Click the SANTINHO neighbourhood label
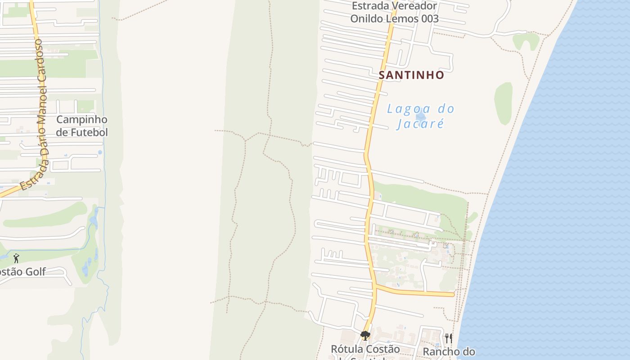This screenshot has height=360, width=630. tap(411, 75)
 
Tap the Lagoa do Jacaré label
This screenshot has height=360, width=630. tap(420, 116)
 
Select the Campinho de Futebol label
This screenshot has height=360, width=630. tap(82, 126)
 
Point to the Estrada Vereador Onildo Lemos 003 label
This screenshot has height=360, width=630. tap(394, 12)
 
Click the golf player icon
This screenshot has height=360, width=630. tap(16, 258)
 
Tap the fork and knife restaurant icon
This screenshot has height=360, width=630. tap(448, 338)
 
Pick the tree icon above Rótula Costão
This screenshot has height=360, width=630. tap(365, 336)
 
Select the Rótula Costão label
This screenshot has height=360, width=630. tap(365, 349)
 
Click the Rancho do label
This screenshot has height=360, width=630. tap(449, 352)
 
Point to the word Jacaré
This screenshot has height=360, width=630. tap(420, 123)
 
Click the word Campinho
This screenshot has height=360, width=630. tap(82, 120)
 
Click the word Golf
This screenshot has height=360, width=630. tap(36, 272)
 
